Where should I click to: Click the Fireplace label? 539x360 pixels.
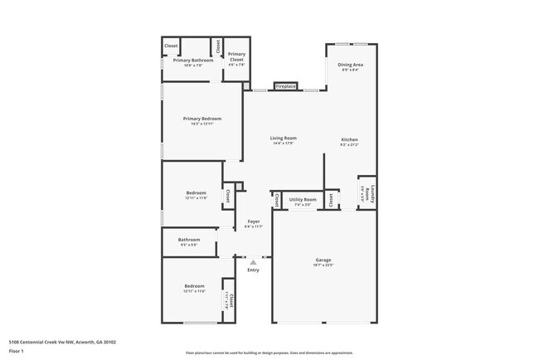286,85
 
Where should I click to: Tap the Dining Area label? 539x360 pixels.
350,64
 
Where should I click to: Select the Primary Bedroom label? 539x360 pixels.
202,119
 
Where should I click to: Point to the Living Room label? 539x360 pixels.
284,138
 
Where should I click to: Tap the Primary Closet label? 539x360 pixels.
236,57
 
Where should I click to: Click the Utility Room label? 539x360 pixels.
303,199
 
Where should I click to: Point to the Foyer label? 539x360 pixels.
254,221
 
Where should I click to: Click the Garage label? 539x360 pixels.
323,260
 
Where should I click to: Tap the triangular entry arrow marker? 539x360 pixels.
254,262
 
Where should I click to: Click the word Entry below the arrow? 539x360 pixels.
254,270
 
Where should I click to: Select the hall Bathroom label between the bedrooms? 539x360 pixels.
189,240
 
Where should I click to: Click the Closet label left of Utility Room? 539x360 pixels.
275,200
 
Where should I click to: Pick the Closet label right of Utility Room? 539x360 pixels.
330,199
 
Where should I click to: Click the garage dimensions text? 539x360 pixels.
323,265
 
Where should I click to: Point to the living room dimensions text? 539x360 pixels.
284,144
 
